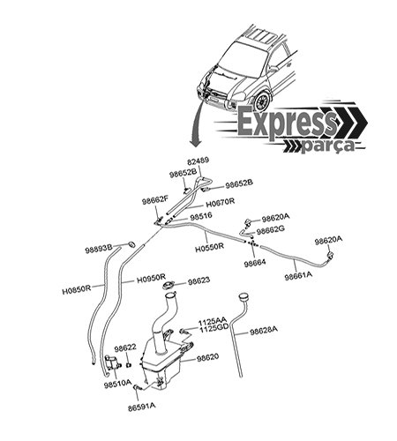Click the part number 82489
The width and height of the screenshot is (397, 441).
198,161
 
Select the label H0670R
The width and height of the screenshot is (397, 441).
221,203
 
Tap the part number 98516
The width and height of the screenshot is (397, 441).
201,216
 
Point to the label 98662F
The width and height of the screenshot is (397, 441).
155,201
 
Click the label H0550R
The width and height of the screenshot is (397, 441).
209,246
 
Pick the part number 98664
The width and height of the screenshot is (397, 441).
255,263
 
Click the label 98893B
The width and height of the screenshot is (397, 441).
99,250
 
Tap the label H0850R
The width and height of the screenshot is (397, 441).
77,291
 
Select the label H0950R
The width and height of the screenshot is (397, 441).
152,279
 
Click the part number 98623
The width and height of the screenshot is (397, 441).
199,280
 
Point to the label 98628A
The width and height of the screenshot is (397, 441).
264,331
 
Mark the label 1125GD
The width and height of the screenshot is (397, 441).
214,329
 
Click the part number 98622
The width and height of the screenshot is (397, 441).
125,348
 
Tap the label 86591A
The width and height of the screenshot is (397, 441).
142,407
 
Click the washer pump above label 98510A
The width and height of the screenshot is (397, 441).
113,363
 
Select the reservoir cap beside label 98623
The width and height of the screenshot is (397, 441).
169,285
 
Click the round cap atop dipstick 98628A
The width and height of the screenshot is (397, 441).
244,296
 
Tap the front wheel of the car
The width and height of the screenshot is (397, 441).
262,101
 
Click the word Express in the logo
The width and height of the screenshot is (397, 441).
287,122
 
